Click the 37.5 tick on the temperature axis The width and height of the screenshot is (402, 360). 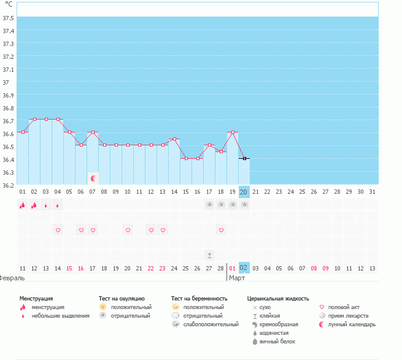point(8,18)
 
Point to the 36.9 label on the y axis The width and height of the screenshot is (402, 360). point(8,95)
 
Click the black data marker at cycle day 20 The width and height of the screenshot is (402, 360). point(244,159)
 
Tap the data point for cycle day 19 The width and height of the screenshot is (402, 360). point(233,132)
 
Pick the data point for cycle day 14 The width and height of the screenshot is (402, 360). point(174,139)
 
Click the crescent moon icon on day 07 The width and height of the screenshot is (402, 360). point(93,178)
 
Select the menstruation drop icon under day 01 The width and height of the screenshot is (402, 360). point(23,205)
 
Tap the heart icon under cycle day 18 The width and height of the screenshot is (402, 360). point(222,231)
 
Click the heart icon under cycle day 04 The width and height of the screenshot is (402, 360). point(58,231)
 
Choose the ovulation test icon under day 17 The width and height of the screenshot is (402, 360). point(209,205)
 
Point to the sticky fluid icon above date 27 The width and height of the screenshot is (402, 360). point(209,256)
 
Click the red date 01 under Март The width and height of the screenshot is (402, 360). point(232,268)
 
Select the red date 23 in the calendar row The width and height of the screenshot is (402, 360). point(162,268)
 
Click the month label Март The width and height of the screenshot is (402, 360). point(237,278)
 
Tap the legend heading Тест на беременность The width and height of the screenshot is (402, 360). point(199,299)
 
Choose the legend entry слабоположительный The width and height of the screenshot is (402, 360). point(211,324)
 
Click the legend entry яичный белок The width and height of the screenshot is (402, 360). point(277,342)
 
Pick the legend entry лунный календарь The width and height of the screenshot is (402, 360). point(352,324)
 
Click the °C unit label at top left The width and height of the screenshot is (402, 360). point(9,4)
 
